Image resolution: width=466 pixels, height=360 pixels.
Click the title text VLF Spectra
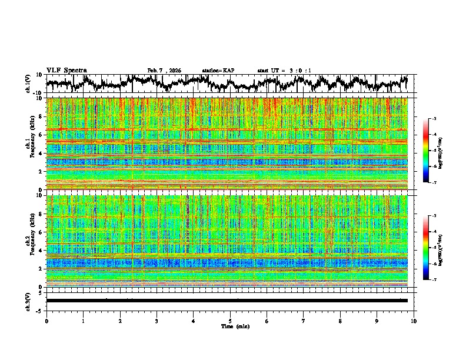(x=66, y=70)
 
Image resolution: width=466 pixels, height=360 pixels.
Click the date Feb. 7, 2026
(x=164, y=71)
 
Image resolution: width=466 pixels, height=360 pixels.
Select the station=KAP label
(x=218, y=71)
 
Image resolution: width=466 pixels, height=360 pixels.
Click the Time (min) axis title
(x=230, y=326)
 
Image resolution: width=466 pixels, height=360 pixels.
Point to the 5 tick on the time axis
(x=230, y=321)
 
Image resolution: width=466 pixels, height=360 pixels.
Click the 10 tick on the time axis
(x=414, y=321)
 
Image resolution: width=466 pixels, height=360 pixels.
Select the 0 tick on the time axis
(x=46, y=321)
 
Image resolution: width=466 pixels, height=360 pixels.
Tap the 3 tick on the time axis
(x=157, y=321)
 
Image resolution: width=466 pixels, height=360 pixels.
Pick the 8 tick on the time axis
(x=340, y=321)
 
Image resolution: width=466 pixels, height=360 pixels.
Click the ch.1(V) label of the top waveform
(x=29, y=84)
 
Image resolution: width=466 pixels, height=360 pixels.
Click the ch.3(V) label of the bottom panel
(x=29, y=301)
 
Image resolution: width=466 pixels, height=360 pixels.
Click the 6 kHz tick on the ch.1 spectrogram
(x=41, y=135)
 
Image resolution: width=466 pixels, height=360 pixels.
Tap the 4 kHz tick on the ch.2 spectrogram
(x=41, y=250)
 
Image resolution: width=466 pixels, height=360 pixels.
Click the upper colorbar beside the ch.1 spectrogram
(x=431, y=151)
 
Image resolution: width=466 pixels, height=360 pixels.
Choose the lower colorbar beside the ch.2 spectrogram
(x=431, y=248)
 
